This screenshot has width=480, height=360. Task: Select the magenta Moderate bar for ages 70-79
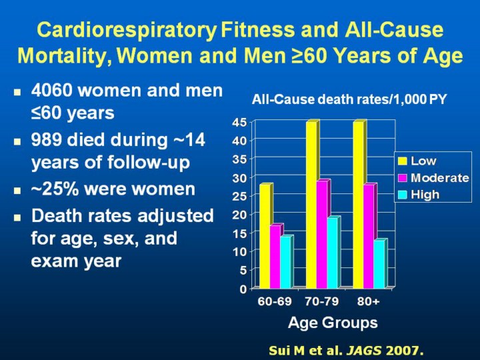(x=321, y=233)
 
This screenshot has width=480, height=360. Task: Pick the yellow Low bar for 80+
(x=358, y=204)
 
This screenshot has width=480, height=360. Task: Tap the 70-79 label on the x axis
(x=321, y=302)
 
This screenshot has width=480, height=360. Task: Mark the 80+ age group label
(x=368, y=302)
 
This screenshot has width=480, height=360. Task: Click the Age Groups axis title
(x=333, y=323)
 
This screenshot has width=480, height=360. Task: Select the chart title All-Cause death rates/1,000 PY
(x=349, y=100)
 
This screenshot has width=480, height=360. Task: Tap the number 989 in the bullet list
(x=48, y=141)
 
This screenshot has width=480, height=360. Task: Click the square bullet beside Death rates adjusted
(x=18, y=217)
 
